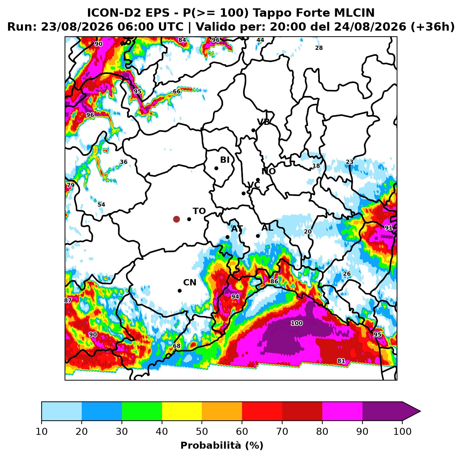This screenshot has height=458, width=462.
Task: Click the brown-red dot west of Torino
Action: coord(176,219)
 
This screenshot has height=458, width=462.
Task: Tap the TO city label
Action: coord(199,211)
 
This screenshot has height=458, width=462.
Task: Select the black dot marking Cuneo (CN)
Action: coord(179,291)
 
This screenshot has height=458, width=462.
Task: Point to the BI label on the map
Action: coord(225,160)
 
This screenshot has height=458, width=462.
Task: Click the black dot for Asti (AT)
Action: coord(227,237)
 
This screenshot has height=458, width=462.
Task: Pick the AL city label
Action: coord(267,227)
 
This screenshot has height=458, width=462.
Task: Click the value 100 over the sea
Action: coord(296,323)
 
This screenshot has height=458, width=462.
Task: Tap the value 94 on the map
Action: coord(235,296)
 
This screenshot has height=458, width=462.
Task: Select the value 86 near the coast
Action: coord(274,281)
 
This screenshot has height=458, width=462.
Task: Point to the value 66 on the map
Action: coord(176,91)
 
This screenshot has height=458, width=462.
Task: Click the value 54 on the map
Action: coord(101,204)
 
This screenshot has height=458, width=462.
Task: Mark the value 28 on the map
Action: coord(318,48)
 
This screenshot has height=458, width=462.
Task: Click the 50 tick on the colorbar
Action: coord(201,431)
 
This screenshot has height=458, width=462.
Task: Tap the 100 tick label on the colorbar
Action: coord(402,431)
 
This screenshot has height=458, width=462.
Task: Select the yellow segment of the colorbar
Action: coord(182,411)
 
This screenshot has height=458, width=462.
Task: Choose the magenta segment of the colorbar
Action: coord(342,411)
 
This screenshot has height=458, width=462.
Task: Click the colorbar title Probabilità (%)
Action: coord(222,445)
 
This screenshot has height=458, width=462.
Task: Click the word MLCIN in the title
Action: coord(354,13)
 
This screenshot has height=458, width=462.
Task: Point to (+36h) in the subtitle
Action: coord(433,27)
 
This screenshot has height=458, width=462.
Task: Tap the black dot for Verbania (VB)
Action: coord(253,130)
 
